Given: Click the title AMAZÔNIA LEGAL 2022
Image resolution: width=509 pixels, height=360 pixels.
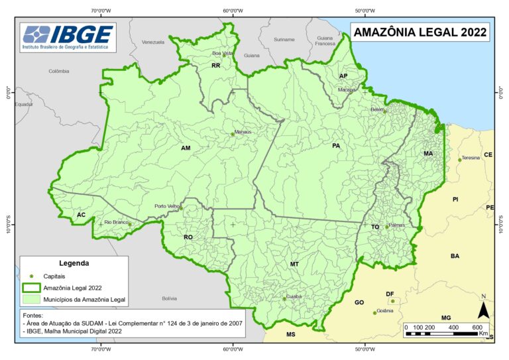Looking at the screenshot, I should (x=420, y=32).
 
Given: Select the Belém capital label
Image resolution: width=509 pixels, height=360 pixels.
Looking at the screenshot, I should (x=378, y=109).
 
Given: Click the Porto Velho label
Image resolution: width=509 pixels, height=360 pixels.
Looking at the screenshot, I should (x=166, y=206).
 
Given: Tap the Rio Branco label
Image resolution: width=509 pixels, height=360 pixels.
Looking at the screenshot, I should (x=116, y=221).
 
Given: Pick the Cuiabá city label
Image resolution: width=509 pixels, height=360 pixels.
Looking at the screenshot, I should (x=293, y=296).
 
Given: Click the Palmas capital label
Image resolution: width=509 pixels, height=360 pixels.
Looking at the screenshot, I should (x=396, y=225).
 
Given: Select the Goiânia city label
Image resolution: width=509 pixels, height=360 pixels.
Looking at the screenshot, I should (x=385, y=310).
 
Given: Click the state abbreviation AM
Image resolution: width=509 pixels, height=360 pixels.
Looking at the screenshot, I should (x=186, y=148).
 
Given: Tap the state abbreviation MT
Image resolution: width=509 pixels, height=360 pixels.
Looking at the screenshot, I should (x=294, y=264).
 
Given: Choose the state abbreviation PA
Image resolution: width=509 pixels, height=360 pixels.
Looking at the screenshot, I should (x=336, y=145).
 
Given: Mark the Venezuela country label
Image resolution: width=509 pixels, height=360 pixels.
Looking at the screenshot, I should (x=152, y=42).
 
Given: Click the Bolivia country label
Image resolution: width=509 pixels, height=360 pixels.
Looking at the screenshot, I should (x=170, y=298).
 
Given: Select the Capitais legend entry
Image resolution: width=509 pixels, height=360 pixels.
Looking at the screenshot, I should (x=54, y=275).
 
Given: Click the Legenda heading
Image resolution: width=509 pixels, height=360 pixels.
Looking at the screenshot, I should (x=74, y=263).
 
